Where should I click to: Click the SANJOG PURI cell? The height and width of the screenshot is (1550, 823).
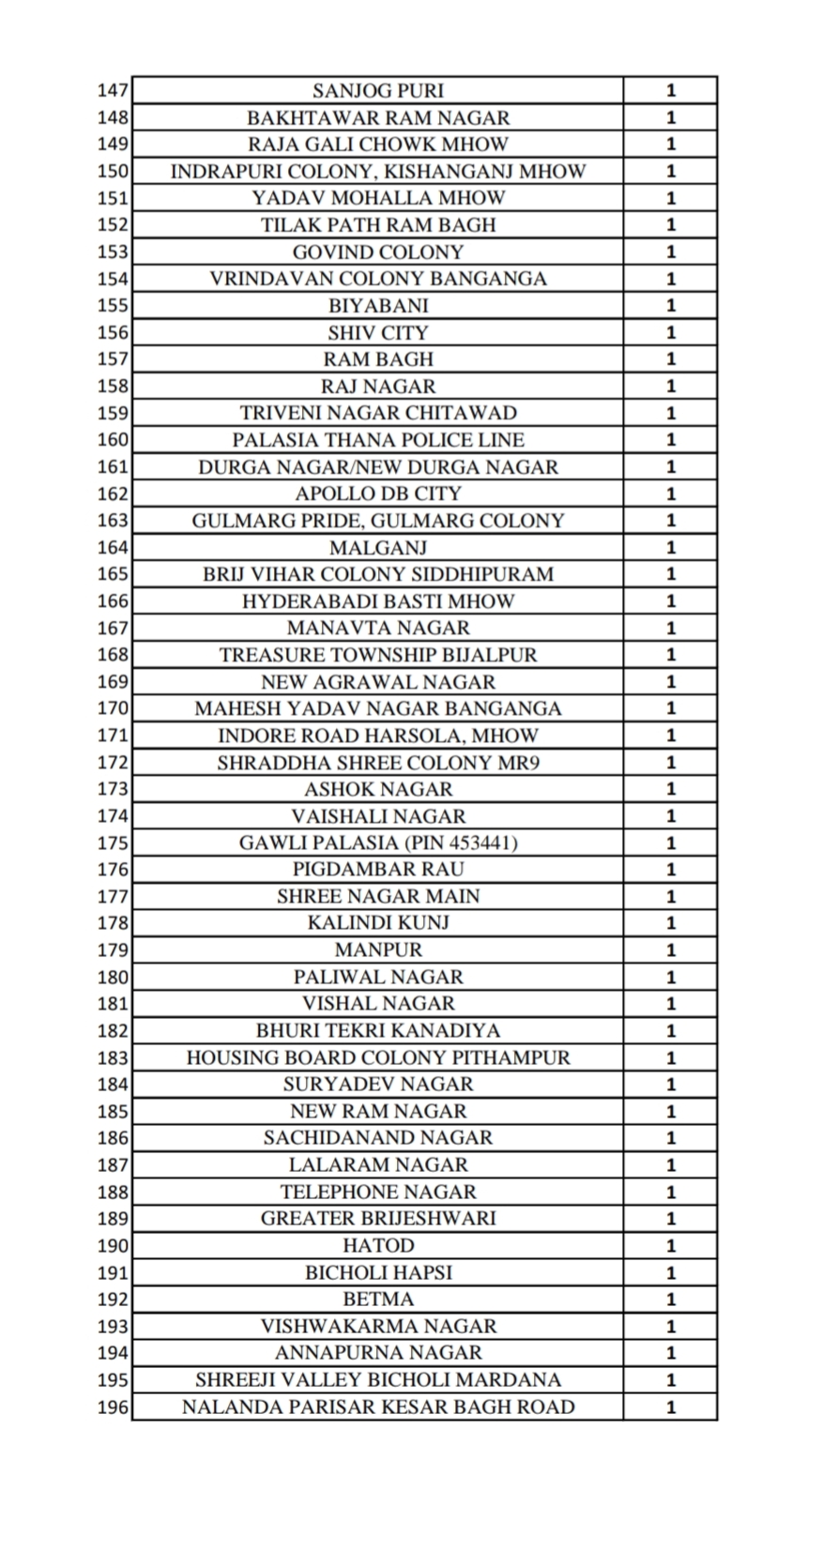point(377,91)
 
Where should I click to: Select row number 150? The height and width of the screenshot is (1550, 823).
point(113,172)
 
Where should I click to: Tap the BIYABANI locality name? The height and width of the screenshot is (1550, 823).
point(377,306)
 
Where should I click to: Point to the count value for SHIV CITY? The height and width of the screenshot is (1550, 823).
point(670,333)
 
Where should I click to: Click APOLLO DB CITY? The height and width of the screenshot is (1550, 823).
point(377,494)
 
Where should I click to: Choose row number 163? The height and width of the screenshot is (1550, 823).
point(113,521)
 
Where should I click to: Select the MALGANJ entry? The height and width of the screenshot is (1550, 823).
point(377,548)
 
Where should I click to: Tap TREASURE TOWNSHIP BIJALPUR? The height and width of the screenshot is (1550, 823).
point(377,655)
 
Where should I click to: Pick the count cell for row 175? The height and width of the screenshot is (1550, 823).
point(670,843)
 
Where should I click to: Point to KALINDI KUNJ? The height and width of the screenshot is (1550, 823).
point(377,923)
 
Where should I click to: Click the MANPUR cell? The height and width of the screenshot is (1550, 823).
point(377,950)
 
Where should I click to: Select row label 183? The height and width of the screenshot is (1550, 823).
point(113,1057)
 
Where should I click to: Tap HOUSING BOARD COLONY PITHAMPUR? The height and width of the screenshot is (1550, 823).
point(377,1057)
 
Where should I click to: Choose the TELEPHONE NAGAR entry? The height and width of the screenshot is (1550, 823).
point(377,1192)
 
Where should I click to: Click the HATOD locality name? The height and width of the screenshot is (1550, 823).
point(377,1246)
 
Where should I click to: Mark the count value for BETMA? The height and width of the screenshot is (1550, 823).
point(670,1299)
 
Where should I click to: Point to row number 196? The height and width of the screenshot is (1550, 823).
point(113,1407)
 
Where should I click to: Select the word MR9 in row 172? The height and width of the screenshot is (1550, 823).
point(518,763)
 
